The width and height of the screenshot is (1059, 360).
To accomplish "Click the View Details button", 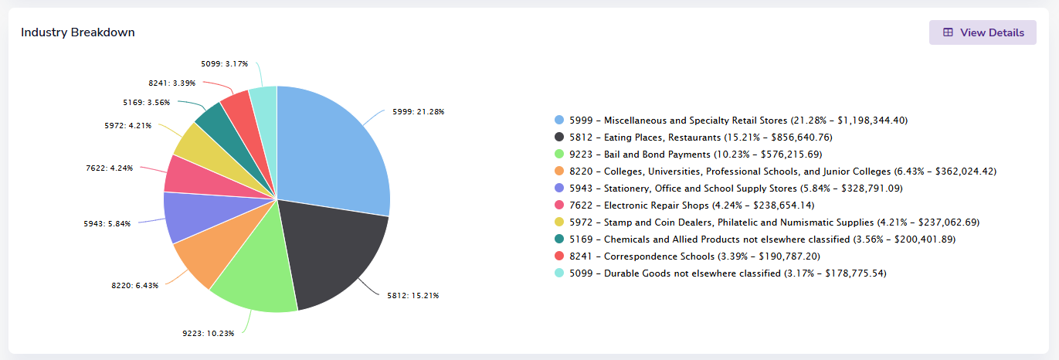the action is [983, 32].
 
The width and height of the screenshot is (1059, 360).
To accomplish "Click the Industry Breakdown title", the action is [78, 32].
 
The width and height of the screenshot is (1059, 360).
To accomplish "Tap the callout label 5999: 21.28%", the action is [419, 112].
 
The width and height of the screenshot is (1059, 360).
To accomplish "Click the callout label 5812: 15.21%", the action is [413, 296].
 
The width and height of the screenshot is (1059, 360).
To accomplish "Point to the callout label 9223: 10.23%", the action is [209, 334].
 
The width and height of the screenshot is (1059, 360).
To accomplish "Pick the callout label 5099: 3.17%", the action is [225, 64].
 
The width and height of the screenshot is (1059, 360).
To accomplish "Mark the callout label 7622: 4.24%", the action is [110, 168].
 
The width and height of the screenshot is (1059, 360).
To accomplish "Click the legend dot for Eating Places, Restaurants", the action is [559, 137].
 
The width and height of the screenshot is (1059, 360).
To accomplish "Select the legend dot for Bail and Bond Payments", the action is [559, 154].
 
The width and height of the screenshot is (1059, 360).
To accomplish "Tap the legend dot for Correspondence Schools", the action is [559, 256].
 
